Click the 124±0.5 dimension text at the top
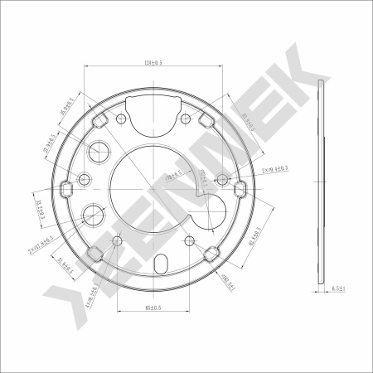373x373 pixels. pyautogui.click(x=150, y=62)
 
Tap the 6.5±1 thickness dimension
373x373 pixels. pyautogui.click(x=337, y=288)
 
